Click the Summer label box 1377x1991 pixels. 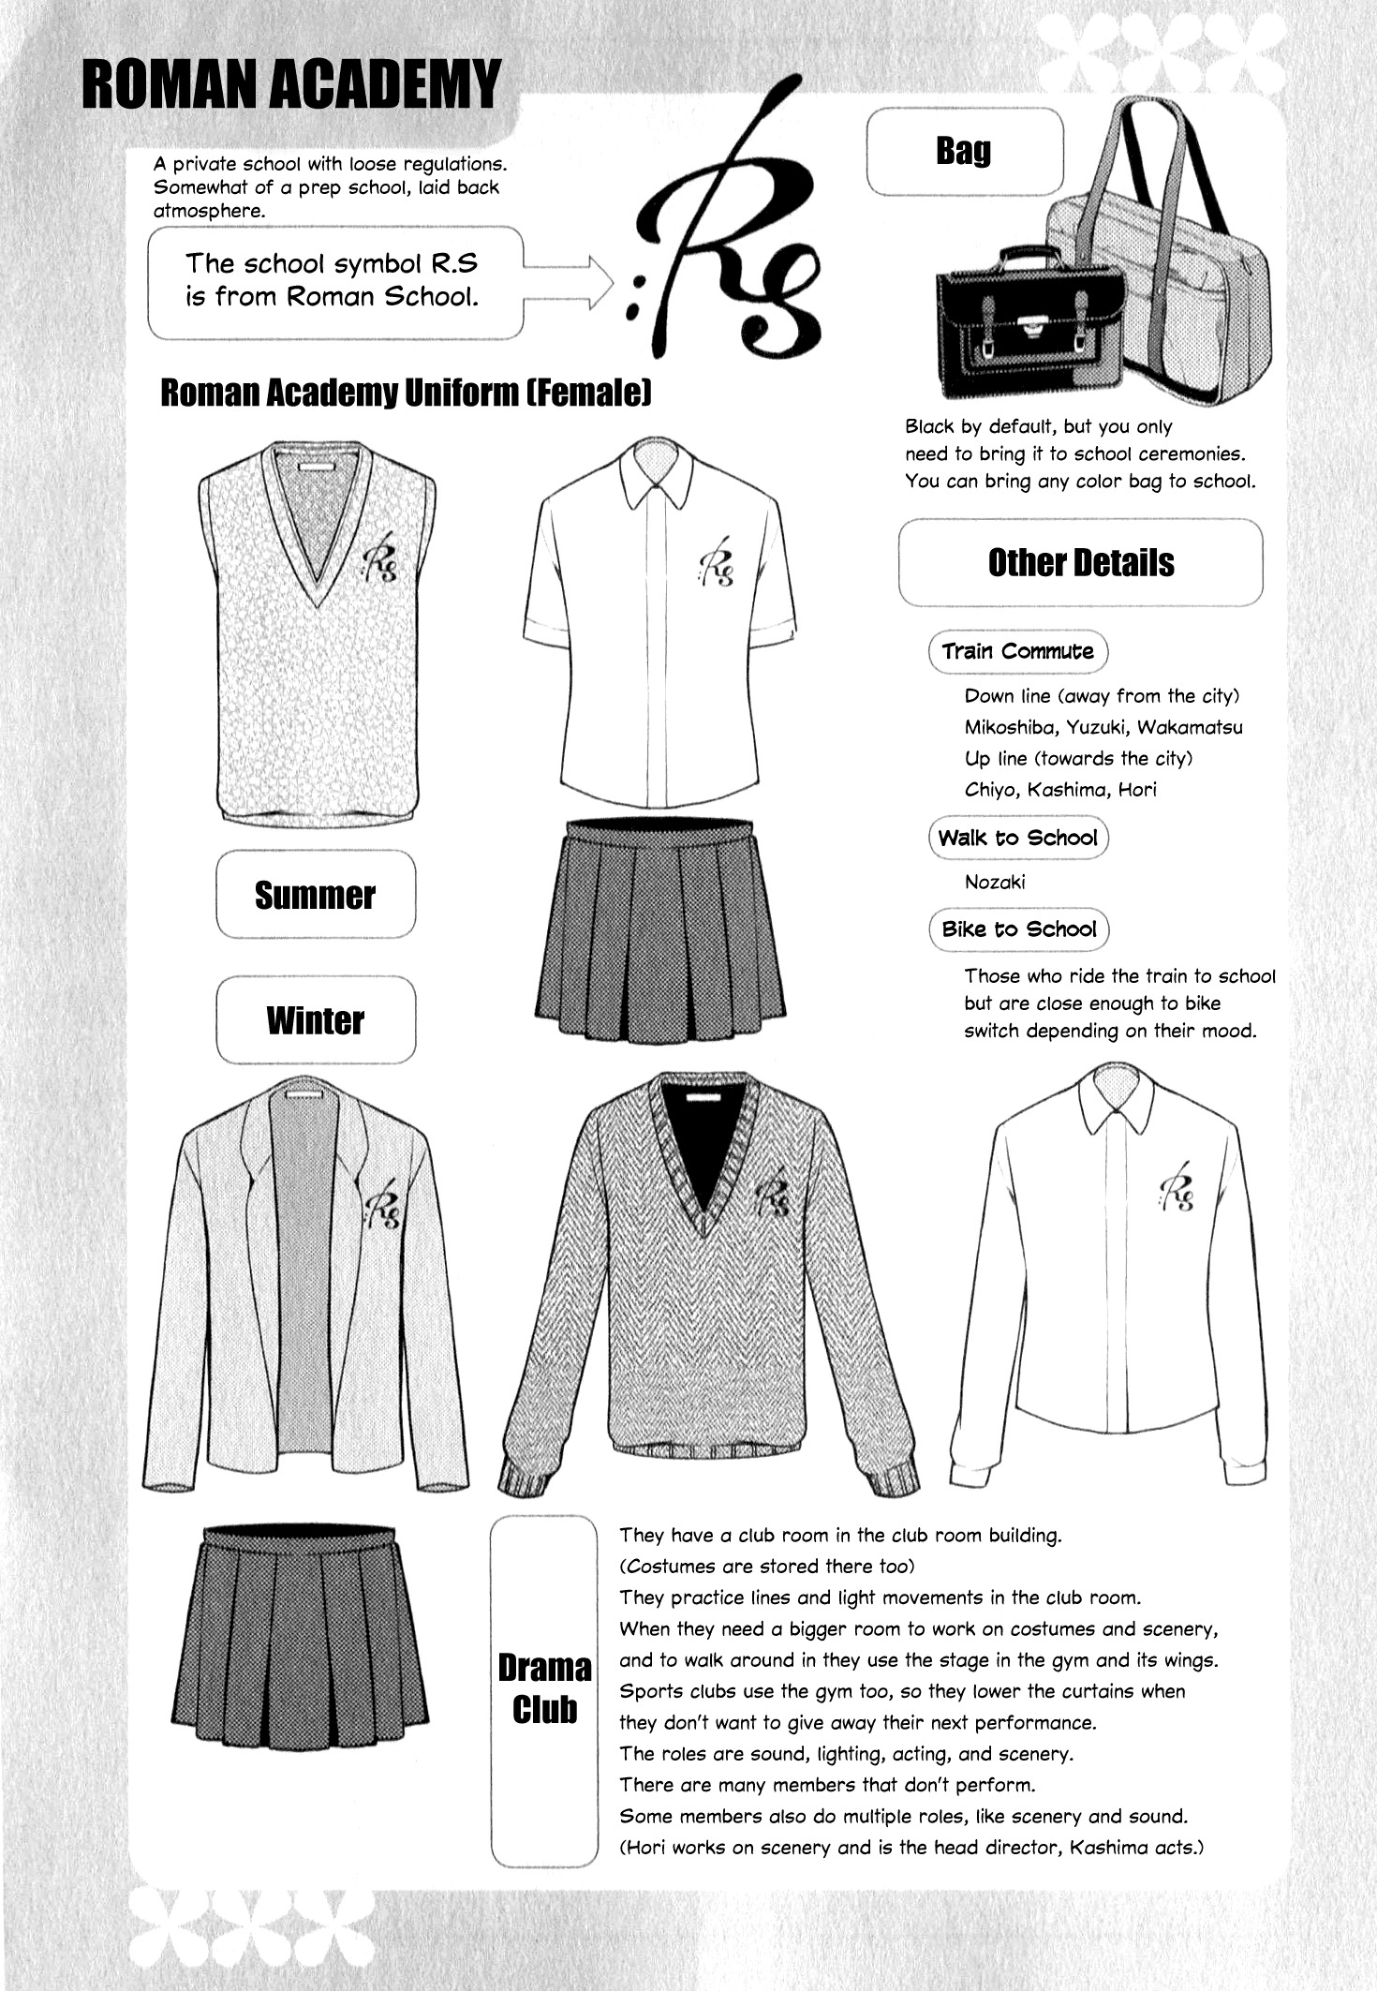coord(315,895)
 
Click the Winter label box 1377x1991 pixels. coord(315,1019)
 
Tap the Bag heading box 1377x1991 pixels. coord(964,151)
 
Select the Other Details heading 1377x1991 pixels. coord(1080,562)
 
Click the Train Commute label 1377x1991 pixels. coord(1017,652)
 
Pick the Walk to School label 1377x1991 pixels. coord(1017,838)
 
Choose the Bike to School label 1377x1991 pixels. coord(1019,929)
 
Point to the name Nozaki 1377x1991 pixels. coord(995,882)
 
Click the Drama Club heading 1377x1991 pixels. coord(544,1688)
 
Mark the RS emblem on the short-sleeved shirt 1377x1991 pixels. coord(717,562)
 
